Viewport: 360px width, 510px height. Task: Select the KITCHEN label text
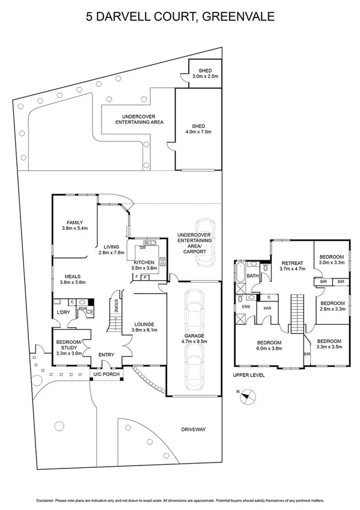(x=144, y=262)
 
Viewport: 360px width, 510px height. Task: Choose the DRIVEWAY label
(x=194, y=429)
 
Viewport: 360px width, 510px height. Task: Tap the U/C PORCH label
(x=106, y=375)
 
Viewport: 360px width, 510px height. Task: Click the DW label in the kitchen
(x=142, y=248)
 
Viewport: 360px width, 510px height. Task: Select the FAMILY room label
(x=75, y=223)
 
